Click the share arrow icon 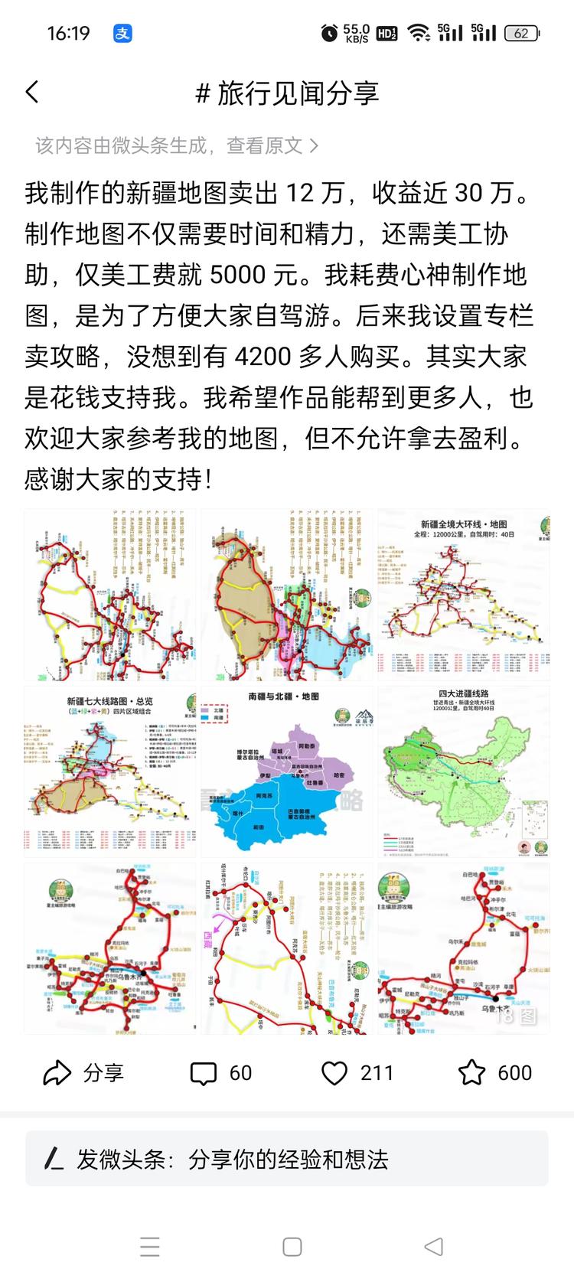click(x=57, y=1073)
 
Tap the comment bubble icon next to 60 click(x=203, y=1074)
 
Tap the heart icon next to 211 click(x=334, y=1073)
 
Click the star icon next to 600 click(x=471, y=1073)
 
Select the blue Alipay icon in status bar click(x=123, y=33)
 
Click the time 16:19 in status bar click(x=68, y=33)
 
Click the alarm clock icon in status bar click(x=329, y=33)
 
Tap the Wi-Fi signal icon click(x=418, y=33)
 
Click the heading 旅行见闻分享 click(x=298, y=93)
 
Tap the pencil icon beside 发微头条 click(x=53, y=1159)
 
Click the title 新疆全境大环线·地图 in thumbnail click(x=464, y=524)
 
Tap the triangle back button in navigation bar click(x=433, y=1246)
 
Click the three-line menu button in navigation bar click(x=150, y=1246)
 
